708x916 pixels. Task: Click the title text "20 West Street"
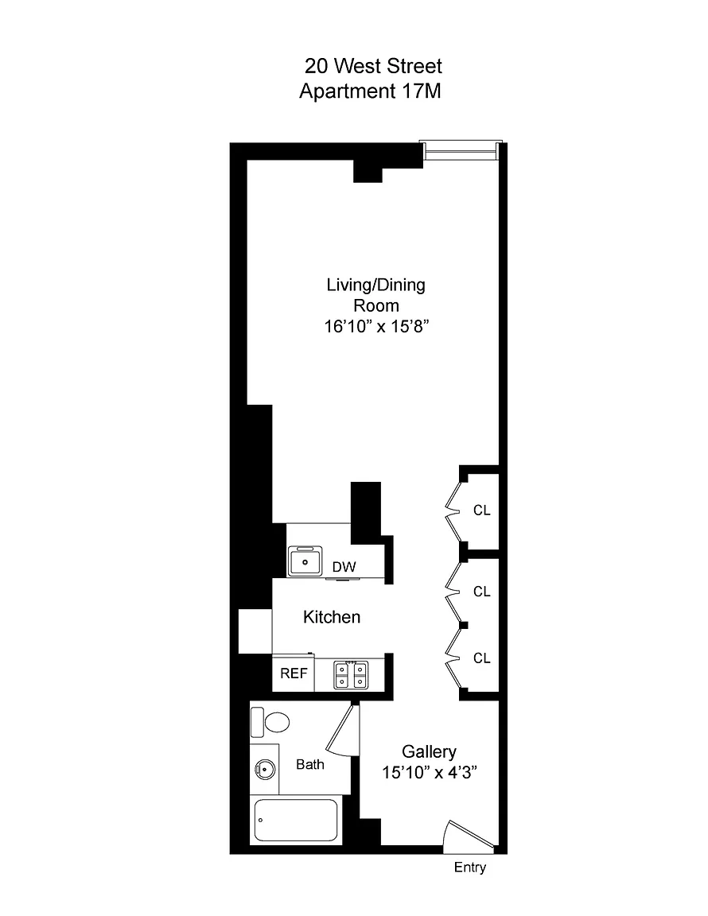point(373,66)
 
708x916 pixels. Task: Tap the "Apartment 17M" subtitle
point(370,91)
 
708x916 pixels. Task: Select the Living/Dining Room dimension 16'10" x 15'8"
point(376,326)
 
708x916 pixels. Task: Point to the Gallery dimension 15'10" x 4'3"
point(430,772)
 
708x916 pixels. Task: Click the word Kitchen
point(332,617)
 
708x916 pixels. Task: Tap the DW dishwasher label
point(344,567)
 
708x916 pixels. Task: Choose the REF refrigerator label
point(294,673)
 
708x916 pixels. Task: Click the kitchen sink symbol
point(305,561)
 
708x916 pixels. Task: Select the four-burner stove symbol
point(351,675)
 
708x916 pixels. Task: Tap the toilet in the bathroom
point(270,722)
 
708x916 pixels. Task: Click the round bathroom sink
point(265,770)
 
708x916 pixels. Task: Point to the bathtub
point(296,821)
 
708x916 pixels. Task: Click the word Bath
point(310,764)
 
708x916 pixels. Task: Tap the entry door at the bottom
point(469,834)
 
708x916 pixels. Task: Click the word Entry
point(470,867)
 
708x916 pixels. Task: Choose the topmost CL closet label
point(482,510)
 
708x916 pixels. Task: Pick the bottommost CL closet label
point(482,658)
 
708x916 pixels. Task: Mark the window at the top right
point(461,150)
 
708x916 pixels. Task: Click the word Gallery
point(429,752)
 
